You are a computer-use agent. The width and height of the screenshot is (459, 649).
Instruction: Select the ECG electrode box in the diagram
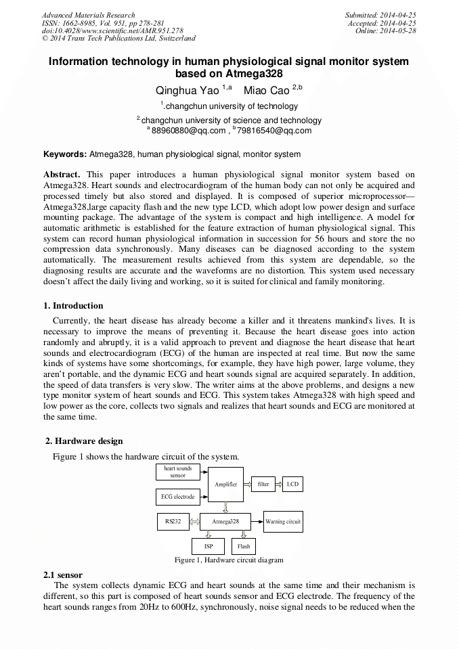(177, 497)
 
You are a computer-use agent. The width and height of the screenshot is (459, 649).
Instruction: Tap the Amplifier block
(225, 485)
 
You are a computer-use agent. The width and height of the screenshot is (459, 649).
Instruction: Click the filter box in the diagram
(263, 485)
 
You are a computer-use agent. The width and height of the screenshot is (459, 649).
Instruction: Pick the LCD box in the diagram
(292, 485)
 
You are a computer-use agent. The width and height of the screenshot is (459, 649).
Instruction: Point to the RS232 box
(173, 522)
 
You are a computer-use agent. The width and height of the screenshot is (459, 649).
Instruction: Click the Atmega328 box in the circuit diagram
(225, 522)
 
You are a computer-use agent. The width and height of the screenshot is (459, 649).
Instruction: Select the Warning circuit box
(282, 522)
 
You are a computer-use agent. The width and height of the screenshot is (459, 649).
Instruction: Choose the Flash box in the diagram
(243, 546)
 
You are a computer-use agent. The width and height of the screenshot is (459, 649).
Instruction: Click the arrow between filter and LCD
(278, 485)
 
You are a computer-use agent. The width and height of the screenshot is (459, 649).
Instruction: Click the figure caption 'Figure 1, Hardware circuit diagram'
(229, 560)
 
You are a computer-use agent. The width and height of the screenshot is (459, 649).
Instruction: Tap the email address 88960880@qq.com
(188, 131)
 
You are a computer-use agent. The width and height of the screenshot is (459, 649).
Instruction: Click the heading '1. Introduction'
(73, 306)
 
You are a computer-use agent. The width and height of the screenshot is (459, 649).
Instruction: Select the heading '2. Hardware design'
(84, 441)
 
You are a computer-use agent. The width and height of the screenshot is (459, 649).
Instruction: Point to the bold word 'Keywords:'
(65, 154)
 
